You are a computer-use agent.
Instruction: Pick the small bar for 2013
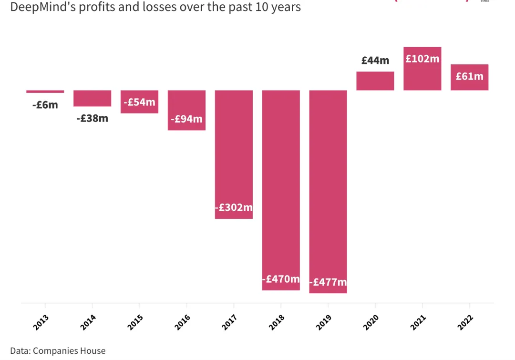tap(45, 92)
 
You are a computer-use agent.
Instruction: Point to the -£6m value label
tap(45, 105)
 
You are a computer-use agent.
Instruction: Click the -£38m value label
tap(92, 118)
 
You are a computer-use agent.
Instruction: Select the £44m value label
tap(375, 61)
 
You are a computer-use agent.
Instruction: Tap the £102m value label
tap(422, 59)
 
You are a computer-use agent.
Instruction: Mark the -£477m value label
tap(328, 282)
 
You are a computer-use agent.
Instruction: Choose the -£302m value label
tap(234, 207)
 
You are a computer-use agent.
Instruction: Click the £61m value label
tap(469, 76)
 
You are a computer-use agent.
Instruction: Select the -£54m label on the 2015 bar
tap(139, 102)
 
